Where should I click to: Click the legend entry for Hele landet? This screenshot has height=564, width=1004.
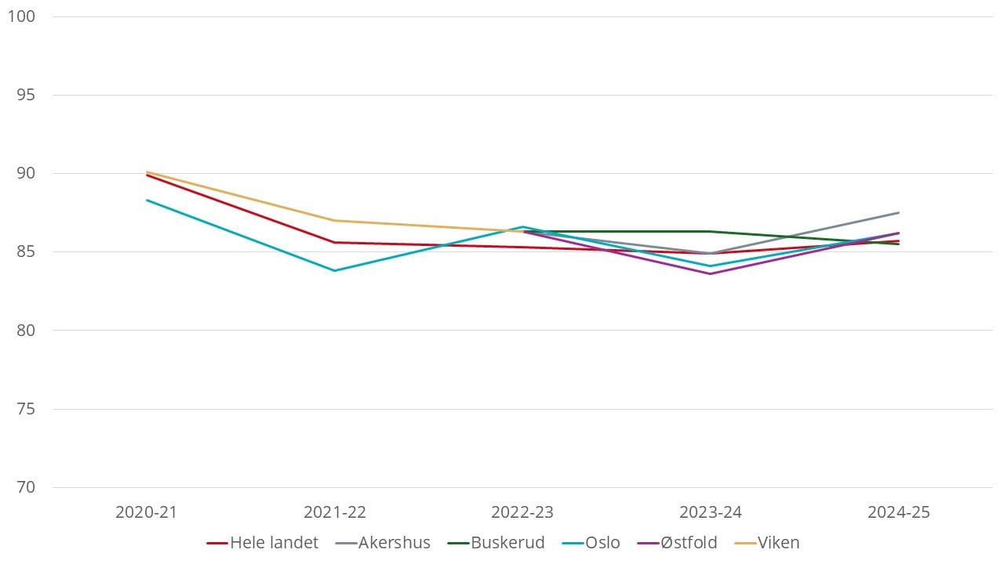coord(263,543)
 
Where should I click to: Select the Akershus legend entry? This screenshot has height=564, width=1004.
coord(383,543)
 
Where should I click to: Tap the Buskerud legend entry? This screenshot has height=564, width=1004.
coord(497,543)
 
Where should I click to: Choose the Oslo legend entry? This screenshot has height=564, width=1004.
coord(591,543)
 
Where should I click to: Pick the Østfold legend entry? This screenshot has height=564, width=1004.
coord(677,543)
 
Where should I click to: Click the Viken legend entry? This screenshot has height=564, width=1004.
coord(767,543)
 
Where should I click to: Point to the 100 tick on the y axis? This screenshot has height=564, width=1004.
coord(21,16)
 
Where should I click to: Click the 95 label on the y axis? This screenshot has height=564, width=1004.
coord(26,95)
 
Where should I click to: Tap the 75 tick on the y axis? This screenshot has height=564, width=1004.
coord(26,409)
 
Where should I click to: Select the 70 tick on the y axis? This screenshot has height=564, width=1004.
coord(26,487)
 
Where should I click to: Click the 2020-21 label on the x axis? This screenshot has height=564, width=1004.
coord(147,512)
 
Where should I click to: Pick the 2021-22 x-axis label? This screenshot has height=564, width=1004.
coord(335,512)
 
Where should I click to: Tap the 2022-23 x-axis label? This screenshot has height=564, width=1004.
coord(522,512)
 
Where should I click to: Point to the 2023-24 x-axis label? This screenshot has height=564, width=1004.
coord(711,512)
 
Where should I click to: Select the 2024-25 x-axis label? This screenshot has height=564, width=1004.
coord(899,512)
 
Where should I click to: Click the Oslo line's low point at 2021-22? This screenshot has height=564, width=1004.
coord(335,271)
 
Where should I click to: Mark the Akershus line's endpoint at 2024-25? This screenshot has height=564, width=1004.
coord(899,212)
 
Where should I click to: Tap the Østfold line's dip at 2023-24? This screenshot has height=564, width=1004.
coord(711,274)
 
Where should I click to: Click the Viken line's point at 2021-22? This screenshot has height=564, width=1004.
coord(335,220)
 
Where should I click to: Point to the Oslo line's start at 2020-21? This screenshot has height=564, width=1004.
coord(147,200)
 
